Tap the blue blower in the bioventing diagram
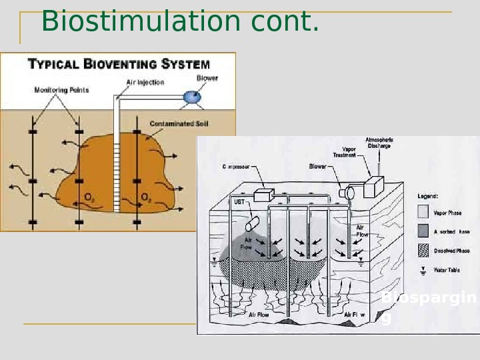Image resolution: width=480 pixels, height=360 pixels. click(192, 96)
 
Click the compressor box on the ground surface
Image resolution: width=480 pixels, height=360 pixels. click(263, 194)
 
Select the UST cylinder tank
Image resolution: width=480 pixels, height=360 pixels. click(252, 222)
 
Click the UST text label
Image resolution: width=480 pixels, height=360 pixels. click(239, 201)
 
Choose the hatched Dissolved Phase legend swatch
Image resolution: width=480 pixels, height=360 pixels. click(423, 251)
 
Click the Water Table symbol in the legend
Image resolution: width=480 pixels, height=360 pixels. click(423, 270)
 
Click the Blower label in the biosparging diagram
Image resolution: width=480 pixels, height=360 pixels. click(317, 167)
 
